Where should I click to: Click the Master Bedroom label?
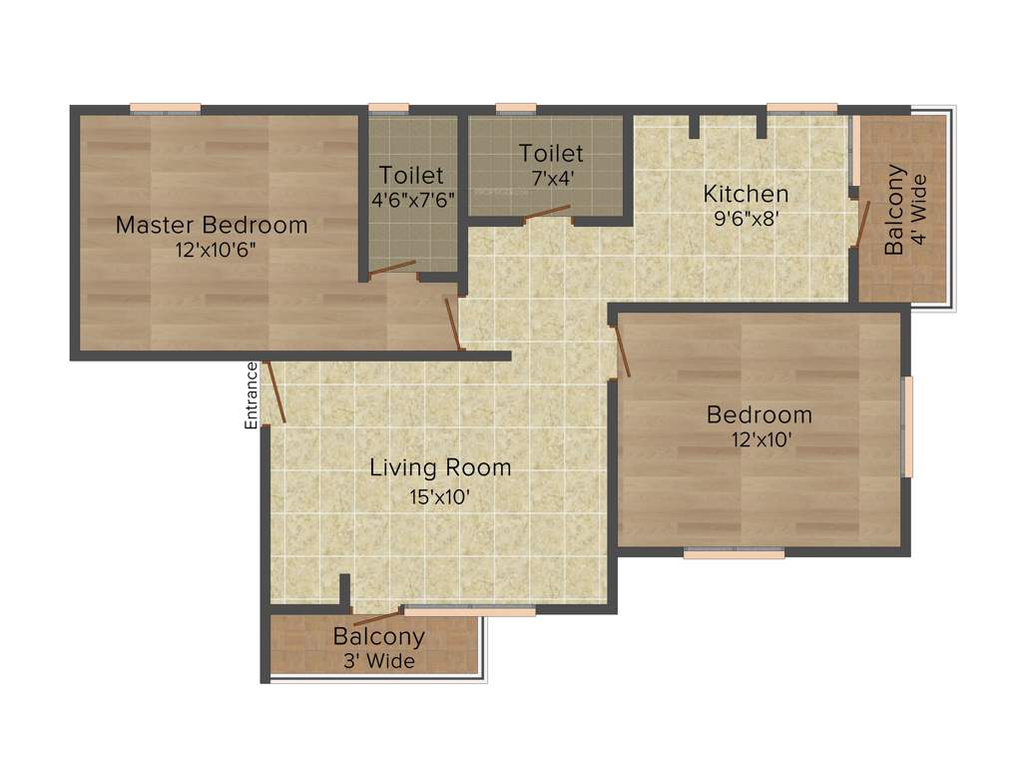212,225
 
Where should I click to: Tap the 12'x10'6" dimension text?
212,250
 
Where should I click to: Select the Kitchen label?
746,194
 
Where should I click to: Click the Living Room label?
440,467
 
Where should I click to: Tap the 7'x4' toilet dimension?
550,178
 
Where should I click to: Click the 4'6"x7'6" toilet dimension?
411,199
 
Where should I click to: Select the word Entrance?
252,395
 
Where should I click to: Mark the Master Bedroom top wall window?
165,108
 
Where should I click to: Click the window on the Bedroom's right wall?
907,426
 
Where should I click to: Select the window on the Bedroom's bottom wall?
734,552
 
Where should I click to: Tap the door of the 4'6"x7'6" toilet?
391,267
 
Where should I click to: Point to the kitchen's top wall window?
801,108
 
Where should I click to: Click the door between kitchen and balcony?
863,223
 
